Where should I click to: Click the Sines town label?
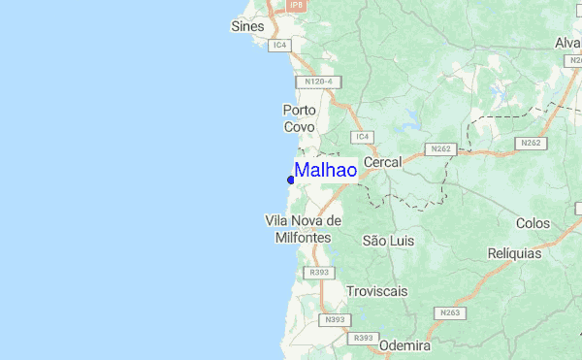(x=247, y=26)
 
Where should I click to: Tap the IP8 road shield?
(x=297, y=5)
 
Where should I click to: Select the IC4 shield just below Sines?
(x=280, y=45)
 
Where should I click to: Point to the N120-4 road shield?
(x=319, y=82)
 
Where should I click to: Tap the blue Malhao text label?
(x=325, y=171)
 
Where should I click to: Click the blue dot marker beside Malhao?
(x=291, y=180)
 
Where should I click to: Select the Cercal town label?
(x=382, y=163)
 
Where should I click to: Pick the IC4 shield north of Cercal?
(x=363, y=137)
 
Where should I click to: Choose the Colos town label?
(x=533, y=223)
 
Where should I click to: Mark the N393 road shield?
(x=336, y=319)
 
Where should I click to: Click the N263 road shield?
(x=449, y=312)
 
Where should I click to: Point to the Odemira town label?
(x=404, y=344)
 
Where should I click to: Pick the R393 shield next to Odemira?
(x=364, y=338)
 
